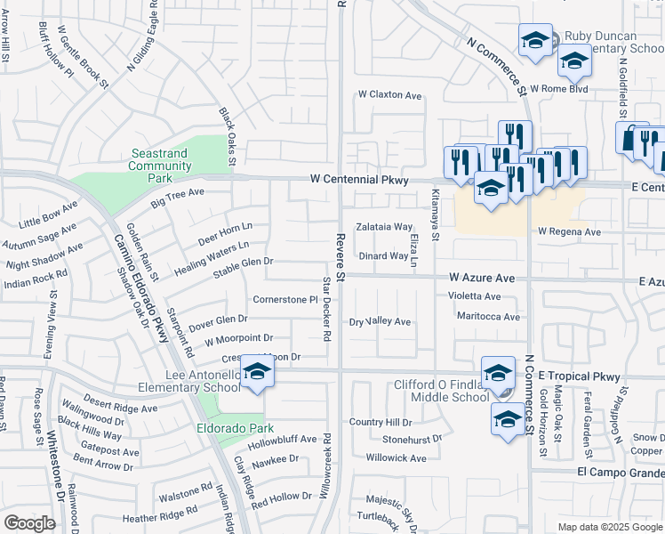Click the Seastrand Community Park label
160,166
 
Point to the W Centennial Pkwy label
359,180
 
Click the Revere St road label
340,254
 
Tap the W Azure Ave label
482,278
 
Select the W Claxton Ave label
389,95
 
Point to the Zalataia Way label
385,227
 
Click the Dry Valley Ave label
380,321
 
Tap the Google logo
29,523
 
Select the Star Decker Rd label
326,309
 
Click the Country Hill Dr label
381,422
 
